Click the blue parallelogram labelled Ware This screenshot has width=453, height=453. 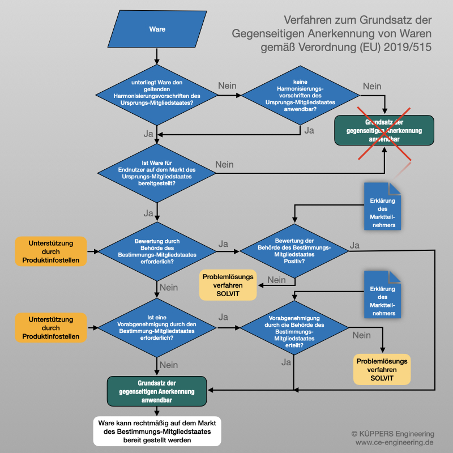157,29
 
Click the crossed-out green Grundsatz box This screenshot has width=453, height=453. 384,129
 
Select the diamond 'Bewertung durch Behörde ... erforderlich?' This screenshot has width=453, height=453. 157,251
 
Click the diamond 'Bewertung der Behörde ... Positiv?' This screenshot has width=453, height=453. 294,251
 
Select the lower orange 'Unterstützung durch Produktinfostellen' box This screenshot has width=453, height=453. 51,328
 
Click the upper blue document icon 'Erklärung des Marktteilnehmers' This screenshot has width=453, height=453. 383,206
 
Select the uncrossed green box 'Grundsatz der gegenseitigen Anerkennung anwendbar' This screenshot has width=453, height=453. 157,391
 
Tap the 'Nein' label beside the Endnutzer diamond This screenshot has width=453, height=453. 224,164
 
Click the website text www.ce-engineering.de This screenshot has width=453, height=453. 394,442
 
